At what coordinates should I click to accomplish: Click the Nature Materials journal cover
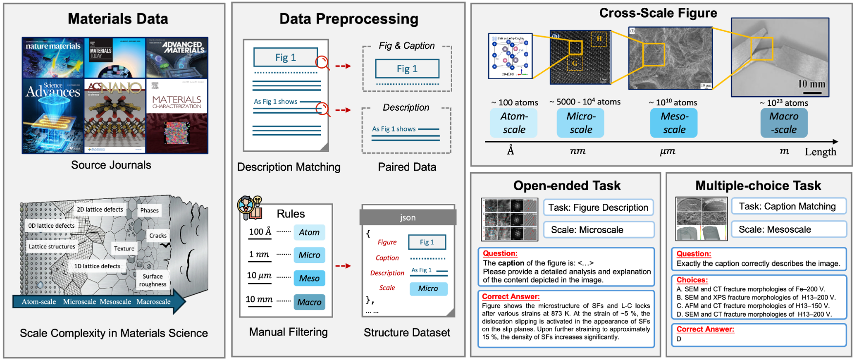[x=53, y=58]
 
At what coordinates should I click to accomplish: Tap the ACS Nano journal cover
[x=115, y=116]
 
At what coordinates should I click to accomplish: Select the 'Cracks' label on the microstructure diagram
[x=158, y=236]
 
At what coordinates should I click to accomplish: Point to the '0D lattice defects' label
[x=51, y=226]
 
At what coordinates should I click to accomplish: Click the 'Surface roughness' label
[x=153, y=280]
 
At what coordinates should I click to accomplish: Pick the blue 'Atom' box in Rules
[x=309, y=232]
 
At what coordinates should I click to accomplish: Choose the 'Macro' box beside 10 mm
[x=309, y=302]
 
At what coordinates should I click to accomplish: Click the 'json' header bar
[x=408, y=218]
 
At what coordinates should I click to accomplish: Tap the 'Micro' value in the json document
[x=428, y=288]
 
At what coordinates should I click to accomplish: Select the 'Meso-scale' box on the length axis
[x=674, y=123]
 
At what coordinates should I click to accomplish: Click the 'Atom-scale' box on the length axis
[x=514, y=123]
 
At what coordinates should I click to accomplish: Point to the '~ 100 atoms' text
[x=515, y=102]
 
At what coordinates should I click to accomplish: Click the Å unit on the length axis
[x=511, y=151]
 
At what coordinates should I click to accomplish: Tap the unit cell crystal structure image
[x=510, y=56]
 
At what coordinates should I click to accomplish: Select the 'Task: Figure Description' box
[x=598, y=207]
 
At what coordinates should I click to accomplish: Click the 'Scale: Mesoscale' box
[x=788, y=229]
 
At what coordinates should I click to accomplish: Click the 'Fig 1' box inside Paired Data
[x=407, y=69]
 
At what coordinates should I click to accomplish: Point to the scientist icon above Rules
[x=249, y=208]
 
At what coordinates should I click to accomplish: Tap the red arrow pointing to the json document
[x=343, y=266]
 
